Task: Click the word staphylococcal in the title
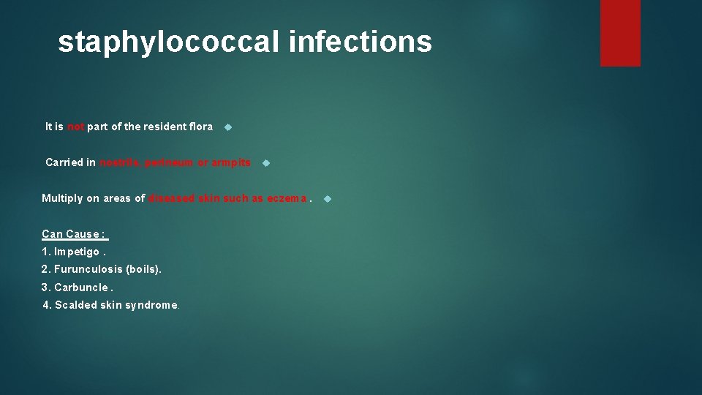[x=169, y=42]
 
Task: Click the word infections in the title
[x=361, y=42]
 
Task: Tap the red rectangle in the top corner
[x=620, y=33]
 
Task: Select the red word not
[x=76, y=127]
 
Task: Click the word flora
[x=200, y=127]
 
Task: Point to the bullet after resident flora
[x=227, y=127]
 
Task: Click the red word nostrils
[x=121, y=162]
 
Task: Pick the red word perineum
[x=170, y=162]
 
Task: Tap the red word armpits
[x=231, y=162]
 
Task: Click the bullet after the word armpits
[x=265, y=163]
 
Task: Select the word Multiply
[x=61, y=198]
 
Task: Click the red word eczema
[x=287, y=198]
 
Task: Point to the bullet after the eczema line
[x=328, y=199]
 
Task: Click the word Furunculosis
[x=88, y=269]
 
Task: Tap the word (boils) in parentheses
[x=143, y=269]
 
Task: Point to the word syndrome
[x=151, y=305]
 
